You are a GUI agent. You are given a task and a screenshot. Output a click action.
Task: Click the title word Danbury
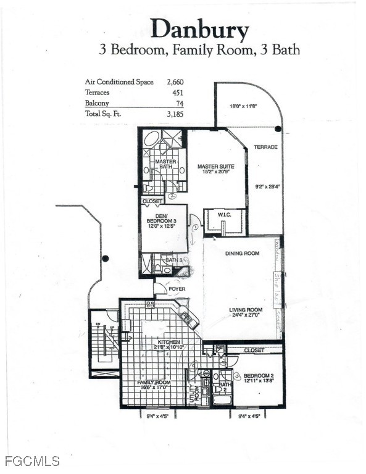[x=199, y=29]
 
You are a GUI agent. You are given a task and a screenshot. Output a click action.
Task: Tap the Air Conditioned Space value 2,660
[x=175, y=81]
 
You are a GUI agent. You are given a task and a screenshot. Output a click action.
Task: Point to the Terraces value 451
[x=178, y=93]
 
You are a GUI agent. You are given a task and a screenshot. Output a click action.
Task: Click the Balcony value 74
[x=180, y=104]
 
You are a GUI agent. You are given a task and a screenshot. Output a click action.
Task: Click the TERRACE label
[x=265, y=147]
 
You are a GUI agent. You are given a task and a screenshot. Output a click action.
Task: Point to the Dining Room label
[x=243, y=253]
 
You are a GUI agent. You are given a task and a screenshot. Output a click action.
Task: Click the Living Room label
[x=246, y=310]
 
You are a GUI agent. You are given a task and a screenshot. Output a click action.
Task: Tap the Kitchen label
[x=168, y=342]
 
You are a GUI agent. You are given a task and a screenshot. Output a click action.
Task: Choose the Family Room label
[x=154, y=383]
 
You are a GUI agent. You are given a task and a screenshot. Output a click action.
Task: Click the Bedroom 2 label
[x=258, y=376]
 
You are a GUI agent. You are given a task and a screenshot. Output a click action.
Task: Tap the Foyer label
[x=177, y=288]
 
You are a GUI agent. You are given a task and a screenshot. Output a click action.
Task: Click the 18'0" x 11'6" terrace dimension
[x=243, y=106]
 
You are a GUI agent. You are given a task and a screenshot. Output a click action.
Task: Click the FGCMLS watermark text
[x=31, y=461]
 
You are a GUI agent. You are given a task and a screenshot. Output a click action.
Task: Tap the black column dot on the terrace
[x=278, y=129]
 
